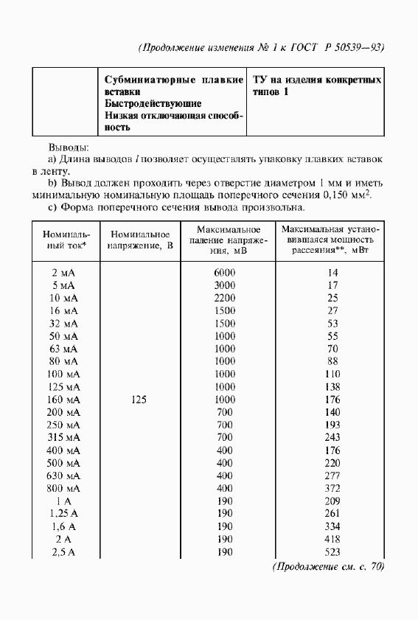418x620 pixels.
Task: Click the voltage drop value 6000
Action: point(225,272)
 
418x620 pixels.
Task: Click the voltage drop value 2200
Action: point(225,298)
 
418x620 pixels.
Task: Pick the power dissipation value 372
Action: point(332,488)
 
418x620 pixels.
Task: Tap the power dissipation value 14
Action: point(332,272)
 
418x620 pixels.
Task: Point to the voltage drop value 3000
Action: point(225,285)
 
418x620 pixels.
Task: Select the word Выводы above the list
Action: point(69,147)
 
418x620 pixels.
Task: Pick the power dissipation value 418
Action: point(332,539)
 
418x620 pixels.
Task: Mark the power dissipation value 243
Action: point(332,437)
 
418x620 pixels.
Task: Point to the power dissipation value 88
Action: point(332,361)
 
